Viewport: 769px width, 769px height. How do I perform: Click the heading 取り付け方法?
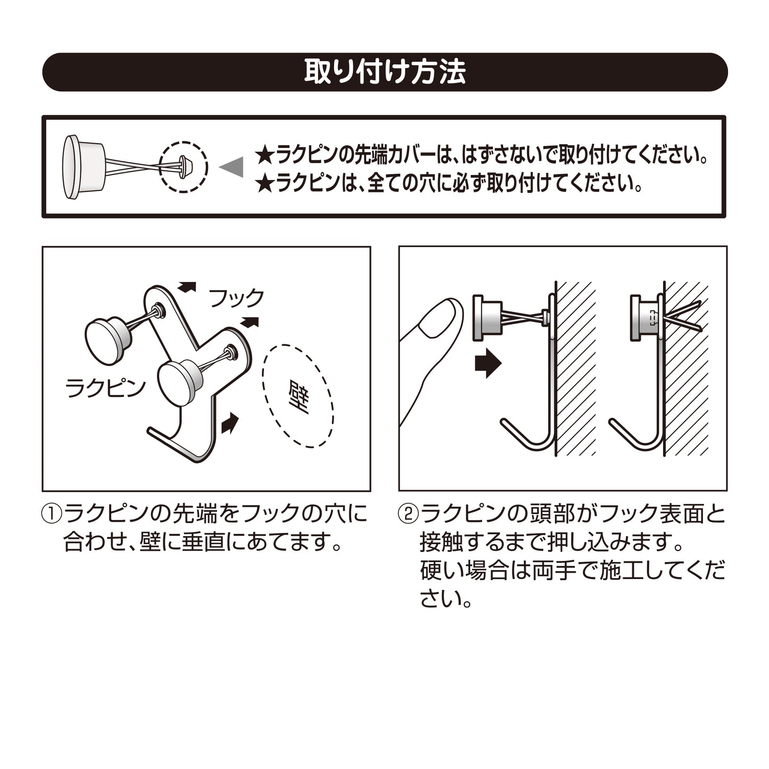tap(385, 72)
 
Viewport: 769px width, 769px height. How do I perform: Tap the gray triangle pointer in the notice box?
tap(234, 167)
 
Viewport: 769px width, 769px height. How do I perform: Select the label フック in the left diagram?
tap(236, 298)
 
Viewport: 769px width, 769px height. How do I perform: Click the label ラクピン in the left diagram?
tap(106, 388)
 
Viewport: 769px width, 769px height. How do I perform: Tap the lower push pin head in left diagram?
tap(179, 383)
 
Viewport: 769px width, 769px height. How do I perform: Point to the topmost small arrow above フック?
tap(187, 286)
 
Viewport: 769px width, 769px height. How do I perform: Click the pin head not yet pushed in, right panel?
tap(487, 318)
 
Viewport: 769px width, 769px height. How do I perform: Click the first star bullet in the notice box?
tap(264, 156)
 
